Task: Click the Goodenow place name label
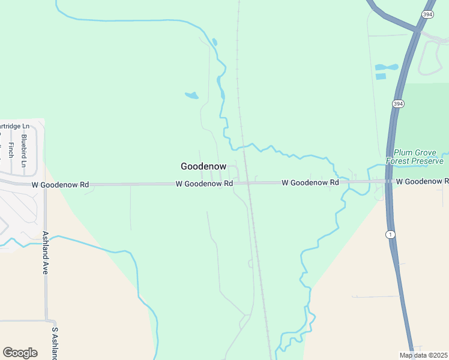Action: coord(203,166)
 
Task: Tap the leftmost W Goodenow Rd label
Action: coord(60,185)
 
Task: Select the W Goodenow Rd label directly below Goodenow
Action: coord(204,184)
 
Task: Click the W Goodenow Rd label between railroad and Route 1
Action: coord(310,182)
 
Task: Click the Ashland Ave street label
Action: coord(45,253)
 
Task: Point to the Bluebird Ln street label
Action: coord(24,151)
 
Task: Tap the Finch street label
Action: coord(11,150)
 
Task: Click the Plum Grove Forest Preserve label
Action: coord(418,157)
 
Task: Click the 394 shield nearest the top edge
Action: coord(427,14)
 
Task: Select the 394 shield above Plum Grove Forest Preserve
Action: coord(399,104)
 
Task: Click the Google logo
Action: coord(20,352)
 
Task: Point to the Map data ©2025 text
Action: coord(423,355)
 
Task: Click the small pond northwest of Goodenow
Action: coord(191,95)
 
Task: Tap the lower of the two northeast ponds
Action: coord(381,76)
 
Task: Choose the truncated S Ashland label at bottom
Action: coord(54,343)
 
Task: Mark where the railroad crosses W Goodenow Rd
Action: coord(248,182)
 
